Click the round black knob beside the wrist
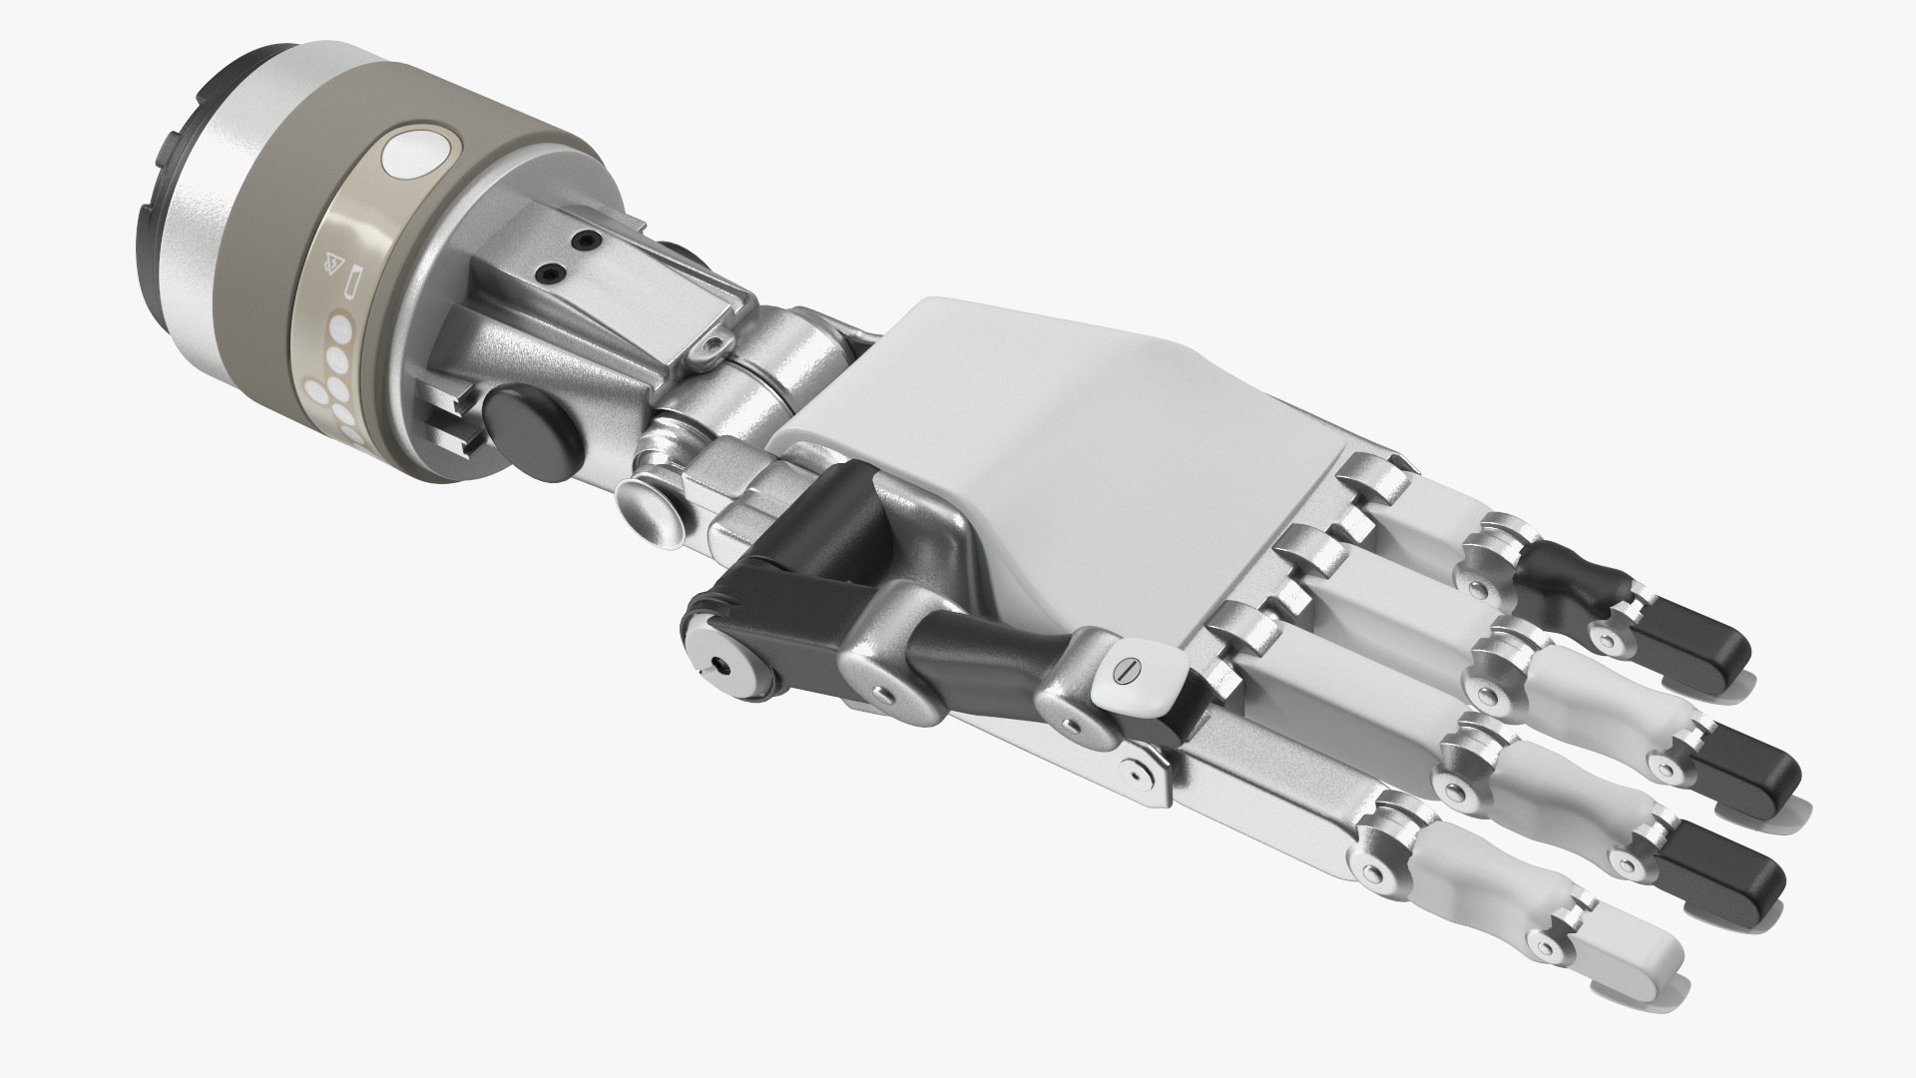coord(531,423)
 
